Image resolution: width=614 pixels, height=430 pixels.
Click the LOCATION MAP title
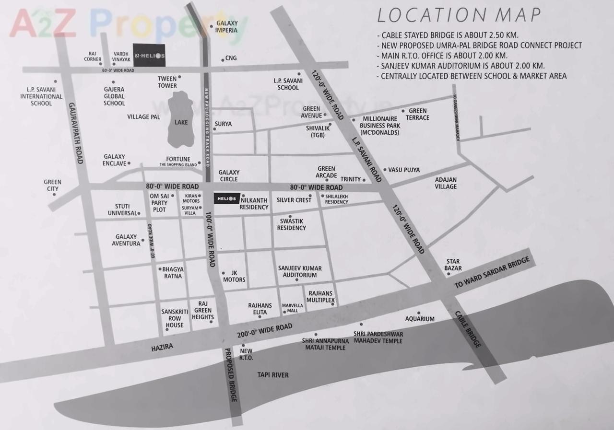coord(459,15)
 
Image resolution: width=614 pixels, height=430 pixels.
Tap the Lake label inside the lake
coord(181,122)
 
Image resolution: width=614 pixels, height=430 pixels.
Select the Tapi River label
coord(272,375)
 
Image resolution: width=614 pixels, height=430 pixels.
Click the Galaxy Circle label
coord(229,175)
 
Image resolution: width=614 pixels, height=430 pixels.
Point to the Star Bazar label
coord(453,265)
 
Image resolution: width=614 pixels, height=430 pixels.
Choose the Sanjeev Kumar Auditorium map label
coord(300,272)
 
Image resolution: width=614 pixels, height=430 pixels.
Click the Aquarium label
coord(420,319)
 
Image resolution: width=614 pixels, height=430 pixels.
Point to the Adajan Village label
coord(446,183)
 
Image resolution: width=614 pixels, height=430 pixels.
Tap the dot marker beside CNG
coord(223,60)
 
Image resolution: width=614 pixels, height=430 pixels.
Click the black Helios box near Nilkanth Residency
coord(226,198)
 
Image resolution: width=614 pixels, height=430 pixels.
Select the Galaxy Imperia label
coord(226,27)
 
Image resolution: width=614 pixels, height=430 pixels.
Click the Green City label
coord(52,185)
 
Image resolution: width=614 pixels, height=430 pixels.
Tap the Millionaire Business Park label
coord(379,126)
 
